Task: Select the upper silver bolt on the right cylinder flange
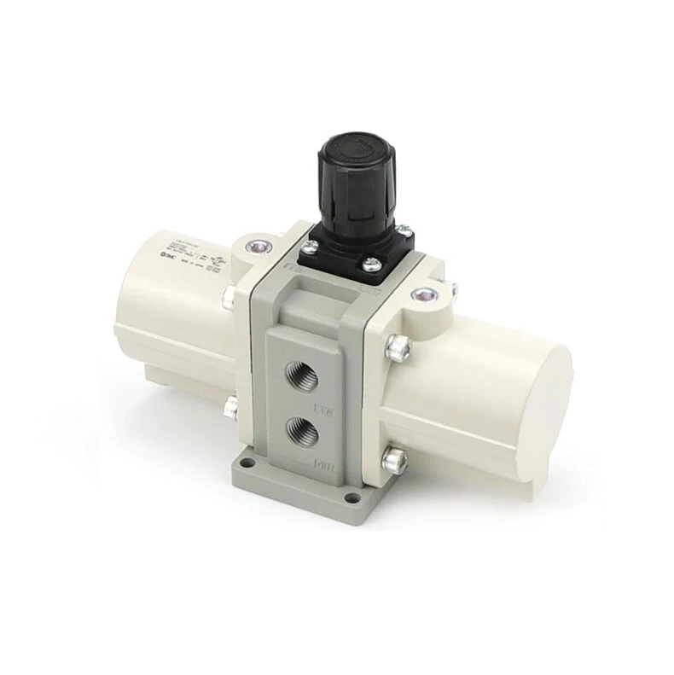(398, 347)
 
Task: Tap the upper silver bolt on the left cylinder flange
(229, 296)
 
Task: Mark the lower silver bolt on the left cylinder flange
(230, 408)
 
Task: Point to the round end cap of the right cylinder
(530, 419)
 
